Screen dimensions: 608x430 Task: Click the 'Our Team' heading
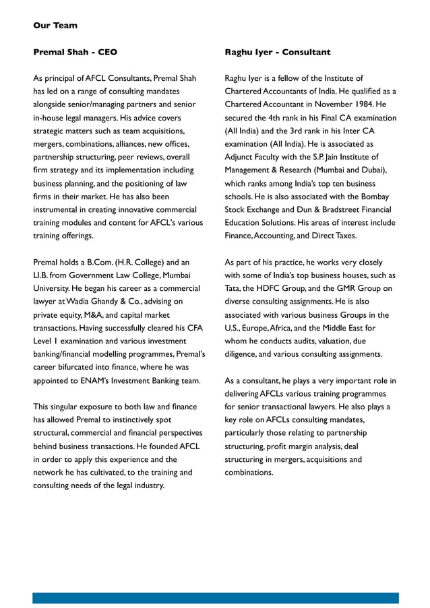pos(55,26)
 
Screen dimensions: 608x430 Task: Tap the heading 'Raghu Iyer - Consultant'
pos(277,52)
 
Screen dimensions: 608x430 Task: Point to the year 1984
pos(361,104)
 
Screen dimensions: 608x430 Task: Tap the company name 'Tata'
pos(233,288)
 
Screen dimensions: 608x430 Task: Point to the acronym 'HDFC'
pos(276,288)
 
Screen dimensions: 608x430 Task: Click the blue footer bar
pos(215,597)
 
